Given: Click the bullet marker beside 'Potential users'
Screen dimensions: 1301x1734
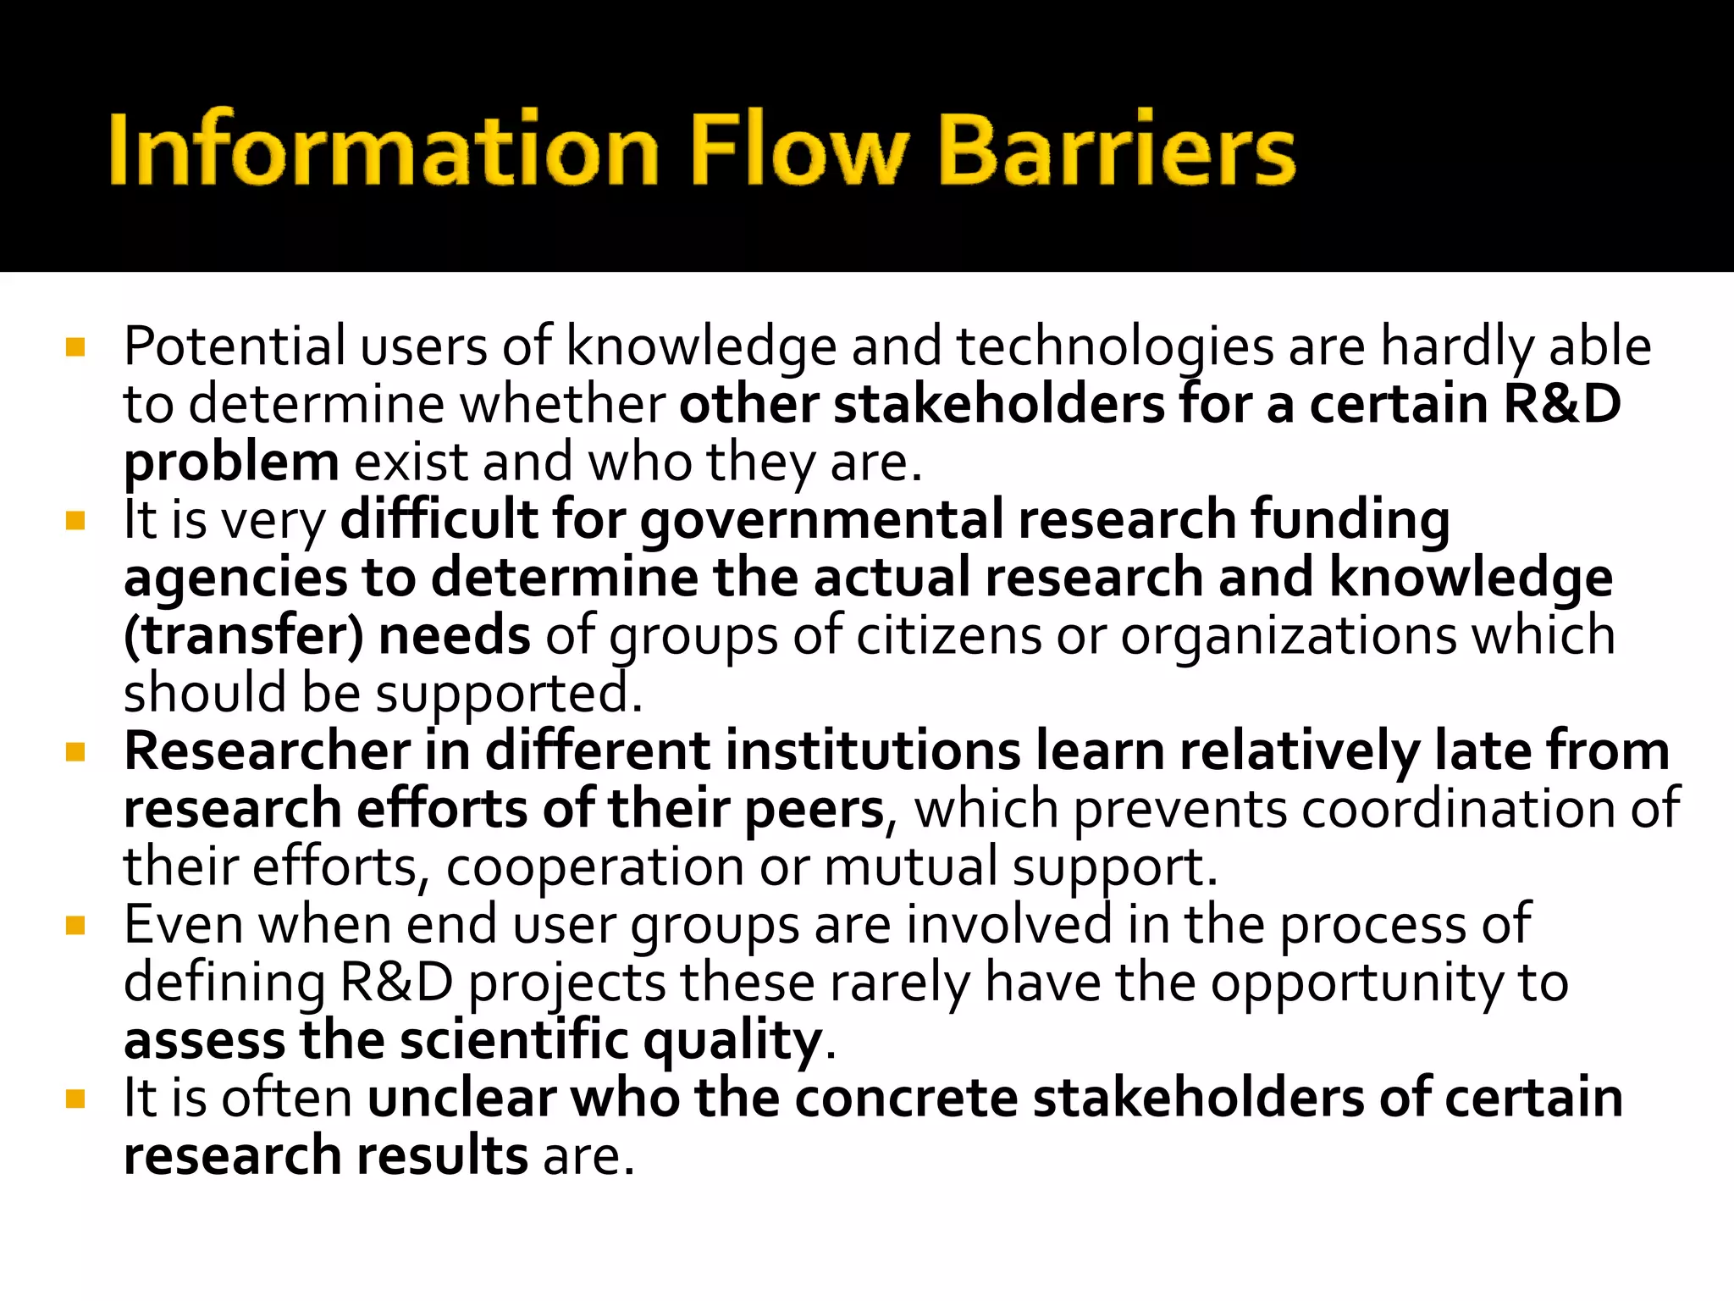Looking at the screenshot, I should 75,347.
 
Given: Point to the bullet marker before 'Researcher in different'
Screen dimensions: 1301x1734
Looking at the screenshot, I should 75,752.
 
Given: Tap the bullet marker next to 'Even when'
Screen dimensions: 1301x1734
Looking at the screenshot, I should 75,926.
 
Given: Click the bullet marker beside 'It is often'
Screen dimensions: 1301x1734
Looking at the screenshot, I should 75,1099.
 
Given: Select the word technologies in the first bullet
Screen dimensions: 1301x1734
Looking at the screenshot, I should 1115,347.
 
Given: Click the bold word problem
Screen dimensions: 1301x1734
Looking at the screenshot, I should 231,462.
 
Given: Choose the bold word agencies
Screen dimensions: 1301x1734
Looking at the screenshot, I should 235,578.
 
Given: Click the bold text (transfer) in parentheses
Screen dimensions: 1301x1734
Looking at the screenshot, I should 244,636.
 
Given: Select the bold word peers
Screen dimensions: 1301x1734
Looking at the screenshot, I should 814,810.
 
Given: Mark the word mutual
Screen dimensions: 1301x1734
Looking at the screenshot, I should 910,867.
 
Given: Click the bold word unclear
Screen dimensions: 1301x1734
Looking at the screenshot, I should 461,1099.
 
